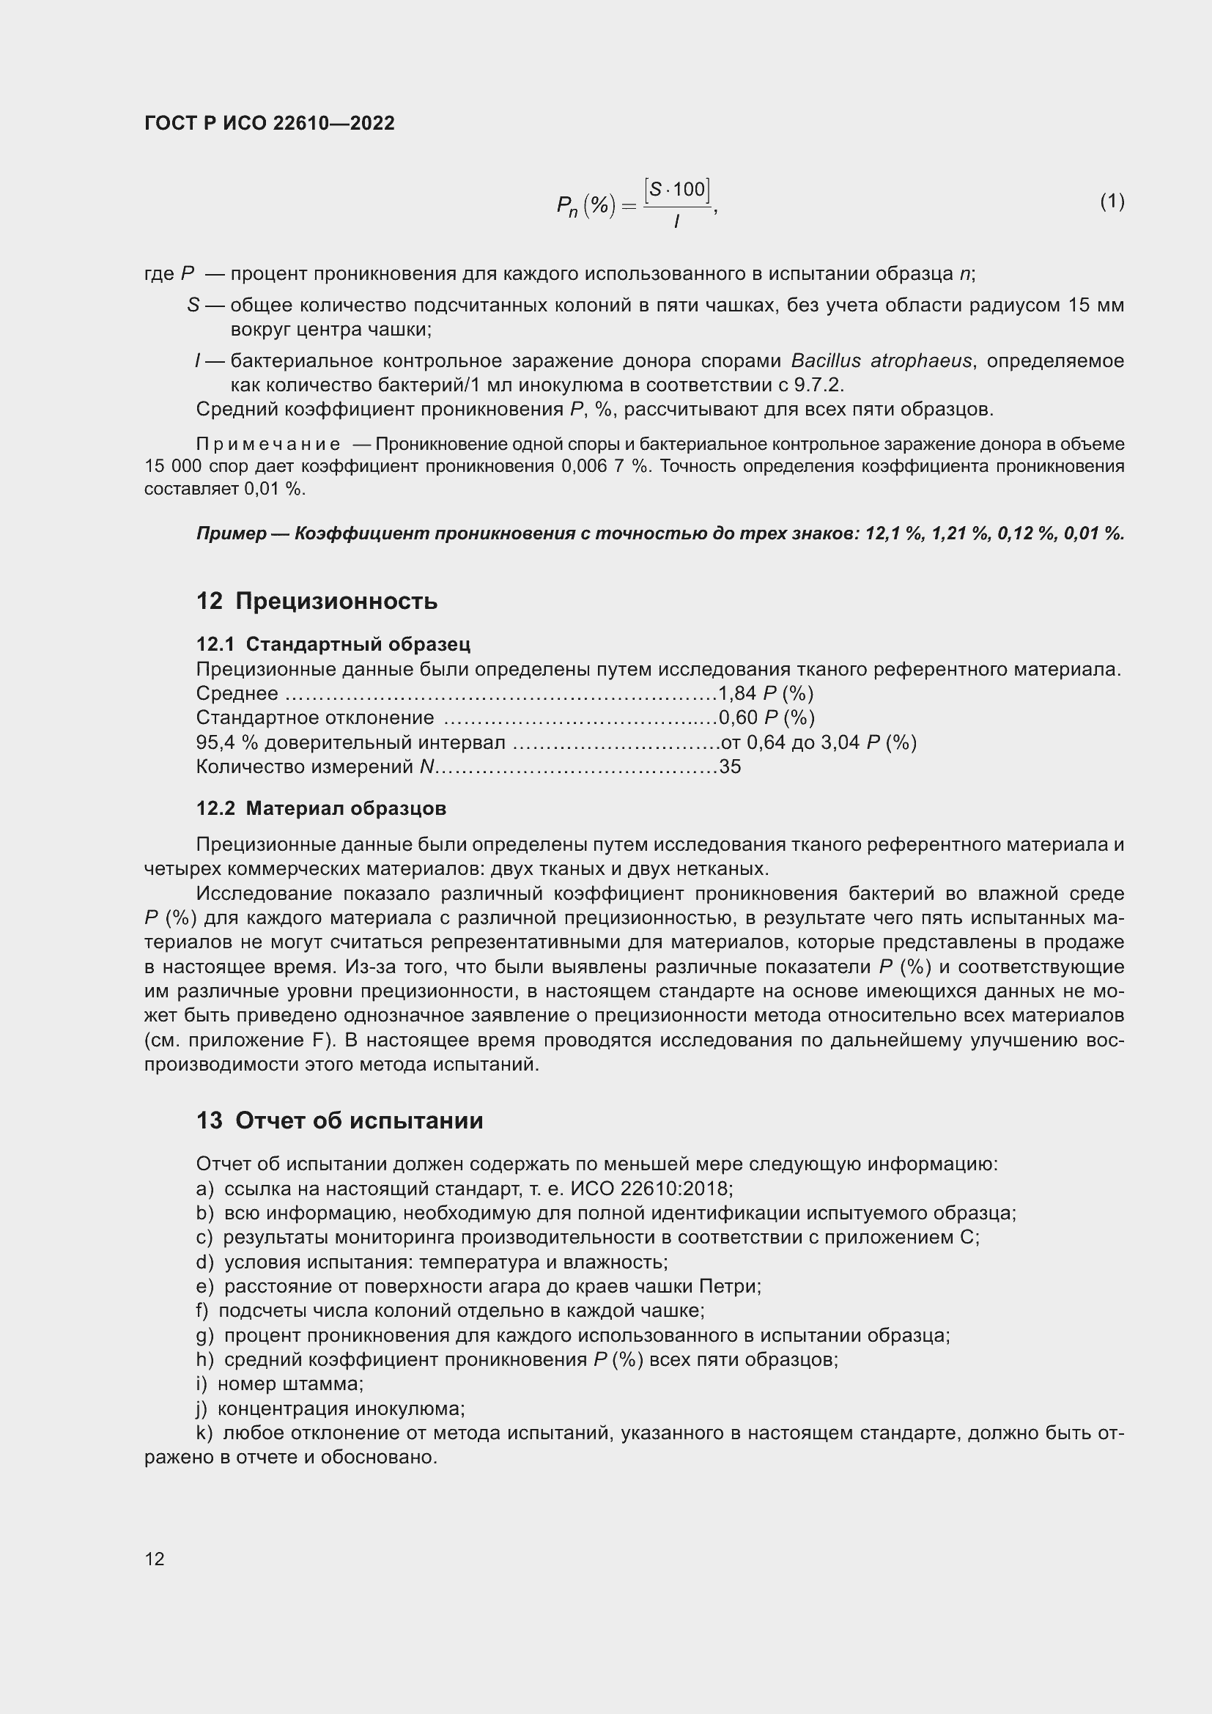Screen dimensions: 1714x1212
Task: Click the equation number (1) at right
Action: click(x=1112, y=201)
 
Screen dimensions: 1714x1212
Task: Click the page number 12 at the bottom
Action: click(x=155, y=1559)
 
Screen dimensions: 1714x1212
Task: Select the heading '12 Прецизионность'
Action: click(x=317, y=601)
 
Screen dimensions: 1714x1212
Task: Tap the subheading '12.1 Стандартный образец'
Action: click(x=333, y=643)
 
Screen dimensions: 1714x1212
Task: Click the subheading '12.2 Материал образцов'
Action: click(x=321, y=808)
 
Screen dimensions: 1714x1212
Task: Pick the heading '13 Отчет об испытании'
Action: click(x=339, y=1120)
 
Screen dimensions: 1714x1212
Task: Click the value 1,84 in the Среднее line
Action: click(x=737, y=693)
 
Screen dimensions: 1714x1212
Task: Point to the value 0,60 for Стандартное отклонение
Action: click(x=737, y=717)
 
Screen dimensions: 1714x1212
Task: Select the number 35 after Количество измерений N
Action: click(x=730, y=767)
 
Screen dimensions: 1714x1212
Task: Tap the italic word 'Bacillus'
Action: click(x=824, y=361)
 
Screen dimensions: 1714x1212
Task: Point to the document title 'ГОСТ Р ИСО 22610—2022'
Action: click(x=270, y=123)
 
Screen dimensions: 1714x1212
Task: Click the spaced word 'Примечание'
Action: click(x=268, y=444)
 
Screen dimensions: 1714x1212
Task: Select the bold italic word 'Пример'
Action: click(x=232, y=533)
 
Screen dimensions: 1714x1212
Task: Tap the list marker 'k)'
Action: click(x=204, y=1433)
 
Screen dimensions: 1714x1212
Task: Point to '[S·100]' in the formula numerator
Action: click(x=676, y=190)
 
